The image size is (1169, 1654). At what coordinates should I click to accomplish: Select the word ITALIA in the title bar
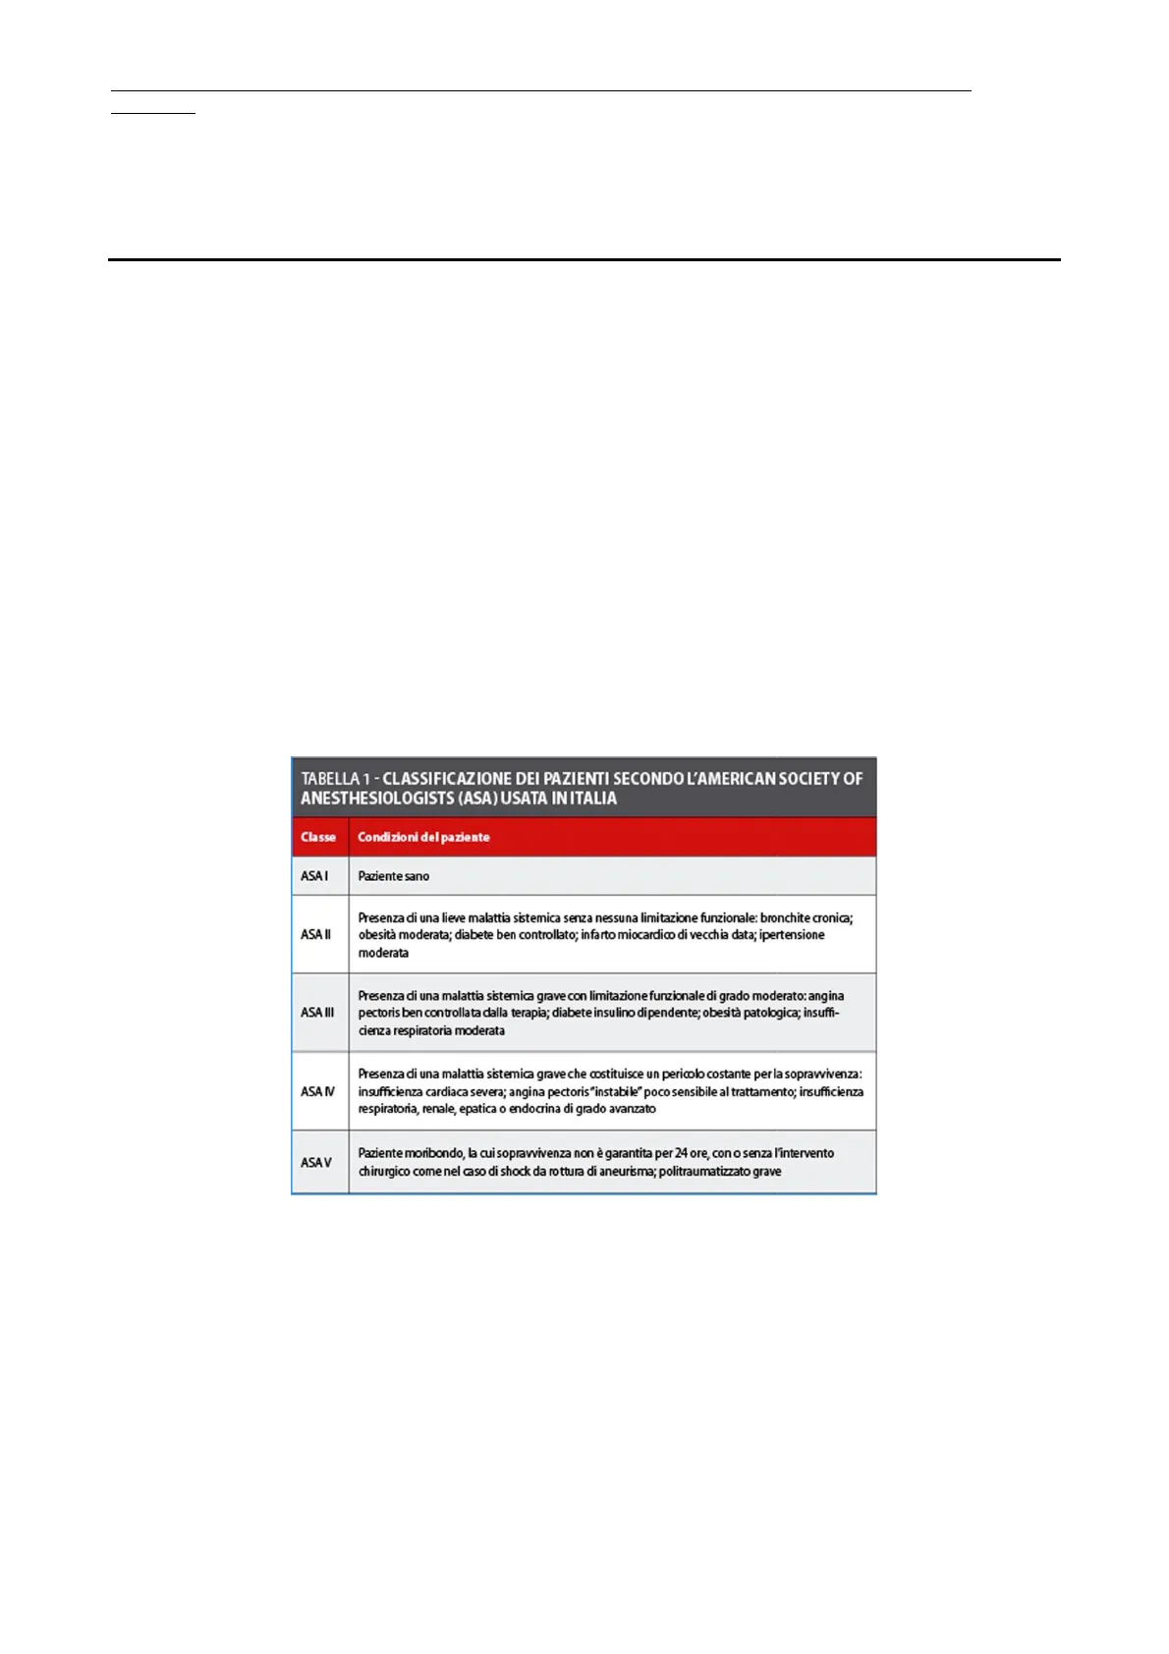tap(591, 799)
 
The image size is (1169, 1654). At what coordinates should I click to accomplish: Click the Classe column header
tap(318, 837)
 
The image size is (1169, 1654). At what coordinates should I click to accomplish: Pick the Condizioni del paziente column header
tap(423, 837)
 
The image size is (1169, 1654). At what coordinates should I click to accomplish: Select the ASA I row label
tap(314, 876)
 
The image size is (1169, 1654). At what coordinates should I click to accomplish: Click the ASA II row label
tap(315, 934)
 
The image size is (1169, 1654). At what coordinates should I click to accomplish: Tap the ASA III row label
tap(317, 1013)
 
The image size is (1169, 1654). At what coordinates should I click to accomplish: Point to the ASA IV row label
tap(317, 1091)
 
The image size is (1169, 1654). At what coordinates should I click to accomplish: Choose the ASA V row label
tap(316, 1163)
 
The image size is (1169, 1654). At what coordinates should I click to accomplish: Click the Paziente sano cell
tap(393, 876)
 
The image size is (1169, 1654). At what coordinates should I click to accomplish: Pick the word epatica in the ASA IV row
tap(478, 1109)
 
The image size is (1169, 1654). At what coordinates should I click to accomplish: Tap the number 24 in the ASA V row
tap(681, 1153)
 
